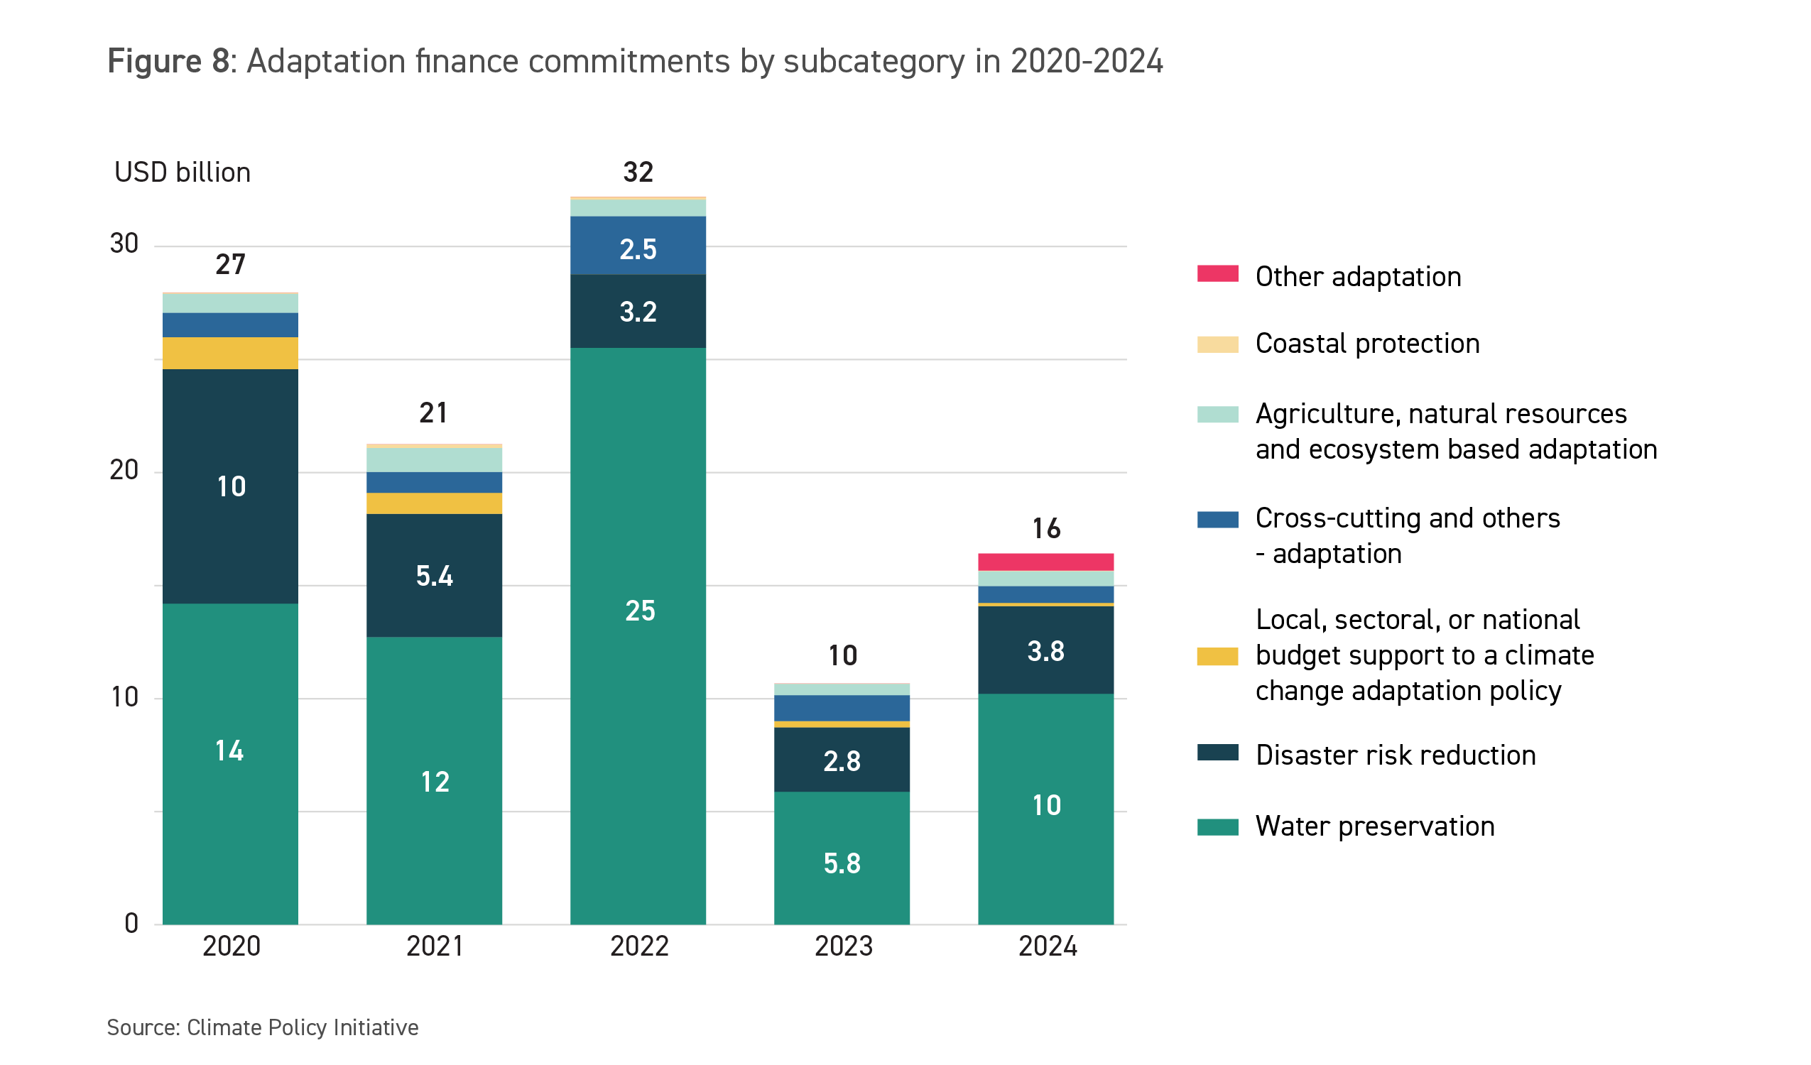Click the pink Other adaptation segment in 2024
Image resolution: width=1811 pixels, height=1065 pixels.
[1045, 562]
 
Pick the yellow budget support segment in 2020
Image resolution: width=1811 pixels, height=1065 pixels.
[230, 353]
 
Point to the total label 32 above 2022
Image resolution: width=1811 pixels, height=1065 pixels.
[638, 173]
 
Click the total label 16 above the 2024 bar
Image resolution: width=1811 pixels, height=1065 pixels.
[1046, 529]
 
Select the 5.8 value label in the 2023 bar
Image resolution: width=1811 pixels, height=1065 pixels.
[842, 864]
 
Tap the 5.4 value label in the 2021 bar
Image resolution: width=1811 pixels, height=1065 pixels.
[434, 577]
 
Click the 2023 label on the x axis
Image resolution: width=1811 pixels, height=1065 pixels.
[843, 946]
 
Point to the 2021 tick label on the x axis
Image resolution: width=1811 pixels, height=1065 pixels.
[435, 946]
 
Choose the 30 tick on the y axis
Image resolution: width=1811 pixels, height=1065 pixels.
[124, 244]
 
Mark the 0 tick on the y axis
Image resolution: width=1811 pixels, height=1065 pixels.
[131, 924]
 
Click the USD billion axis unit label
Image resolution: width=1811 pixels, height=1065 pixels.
[183, 173]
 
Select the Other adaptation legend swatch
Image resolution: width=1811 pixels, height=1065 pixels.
[1217, 274]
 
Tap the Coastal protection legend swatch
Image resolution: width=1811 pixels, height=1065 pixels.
[1217, 344]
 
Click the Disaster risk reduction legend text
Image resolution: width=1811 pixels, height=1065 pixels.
[1395, 755]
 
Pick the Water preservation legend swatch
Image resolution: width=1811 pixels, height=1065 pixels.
[1217, 827]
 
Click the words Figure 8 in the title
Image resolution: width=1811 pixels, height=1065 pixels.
[168, 61]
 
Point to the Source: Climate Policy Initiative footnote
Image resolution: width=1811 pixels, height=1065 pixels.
[262, 1027]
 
